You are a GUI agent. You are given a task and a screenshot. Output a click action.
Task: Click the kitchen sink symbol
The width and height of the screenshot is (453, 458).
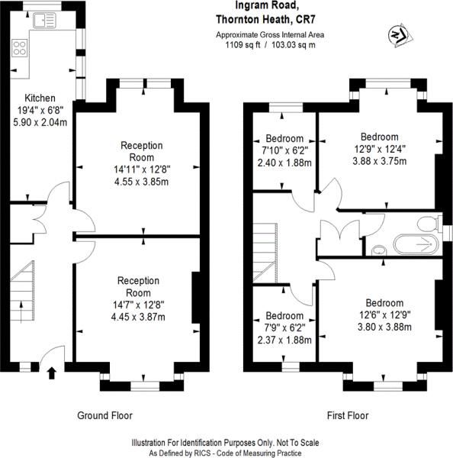coord(44,21)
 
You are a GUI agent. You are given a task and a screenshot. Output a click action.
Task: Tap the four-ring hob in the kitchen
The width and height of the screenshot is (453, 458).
coord(20,48)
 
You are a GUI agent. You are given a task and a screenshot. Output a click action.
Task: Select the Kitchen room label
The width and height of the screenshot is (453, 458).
coord(40,98)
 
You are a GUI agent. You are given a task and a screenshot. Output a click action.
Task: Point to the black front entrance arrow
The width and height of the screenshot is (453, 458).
coord(52,373)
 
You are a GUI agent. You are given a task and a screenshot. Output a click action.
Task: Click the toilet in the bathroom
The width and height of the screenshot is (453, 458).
coord(429,224)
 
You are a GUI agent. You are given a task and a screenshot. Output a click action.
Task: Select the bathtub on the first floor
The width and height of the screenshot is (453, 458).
coord(416,244)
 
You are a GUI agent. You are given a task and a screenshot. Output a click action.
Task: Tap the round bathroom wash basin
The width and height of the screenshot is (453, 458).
coord(379,250)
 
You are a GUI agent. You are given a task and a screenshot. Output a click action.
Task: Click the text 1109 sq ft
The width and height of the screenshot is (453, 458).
coord(243,45)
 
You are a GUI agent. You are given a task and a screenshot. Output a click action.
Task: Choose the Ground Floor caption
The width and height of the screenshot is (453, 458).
coord(104,415)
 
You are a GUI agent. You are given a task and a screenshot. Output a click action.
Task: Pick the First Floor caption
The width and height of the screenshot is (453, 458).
coord(348,415)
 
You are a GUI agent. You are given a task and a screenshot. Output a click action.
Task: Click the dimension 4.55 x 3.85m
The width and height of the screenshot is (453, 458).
coord(142,182)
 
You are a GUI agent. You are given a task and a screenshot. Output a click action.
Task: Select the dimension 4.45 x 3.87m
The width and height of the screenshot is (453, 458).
coord(138,317)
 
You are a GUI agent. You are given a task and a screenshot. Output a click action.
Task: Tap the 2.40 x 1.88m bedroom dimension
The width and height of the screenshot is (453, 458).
coord(284,163)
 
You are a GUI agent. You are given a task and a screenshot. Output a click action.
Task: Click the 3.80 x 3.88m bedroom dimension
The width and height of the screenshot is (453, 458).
coord(384,327)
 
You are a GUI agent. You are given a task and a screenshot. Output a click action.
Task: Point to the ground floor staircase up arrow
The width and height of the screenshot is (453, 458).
coord(21,312)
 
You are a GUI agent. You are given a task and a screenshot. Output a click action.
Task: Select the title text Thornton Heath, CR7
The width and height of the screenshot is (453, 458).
coord(265,20)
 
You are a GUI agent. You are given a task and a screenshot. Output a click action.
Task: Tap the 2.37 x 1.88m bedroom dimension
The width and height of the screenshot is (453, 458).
coord(284,340)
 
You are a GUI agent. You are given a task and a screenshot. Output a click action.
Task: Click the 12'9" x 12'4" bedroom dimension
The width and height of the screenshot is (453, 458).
coord(380,149)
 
